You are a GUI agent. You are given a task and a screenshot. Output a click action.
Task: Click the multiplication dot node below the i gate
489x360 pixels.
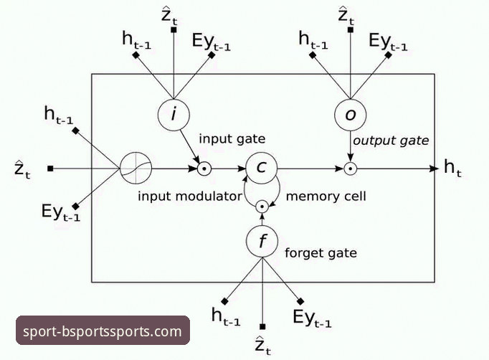204,169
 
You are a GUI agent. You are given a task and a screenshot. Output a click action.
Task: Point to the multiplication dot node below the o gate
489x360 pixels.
350,169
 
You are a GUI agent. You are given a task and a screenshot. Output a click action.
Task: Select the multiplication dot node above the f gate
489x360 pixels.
262,207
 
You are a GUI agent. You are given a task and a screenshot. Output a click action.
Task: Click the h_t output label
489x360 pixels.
452,168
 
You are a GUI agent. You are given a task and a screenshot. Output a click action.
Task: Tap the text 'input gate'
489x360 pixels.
232,139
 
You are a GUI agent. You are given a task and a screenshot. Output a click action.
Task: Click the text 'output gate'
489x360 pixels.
391,141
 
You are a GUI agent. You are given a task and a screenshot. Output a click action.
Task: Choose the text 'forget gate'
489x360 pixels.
321,252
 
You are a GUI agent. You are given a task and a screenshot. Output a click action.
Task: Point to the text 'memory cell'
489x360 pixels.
326,196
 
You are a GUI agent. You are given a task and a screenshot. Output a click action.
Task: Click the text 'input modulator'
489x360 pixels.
189,196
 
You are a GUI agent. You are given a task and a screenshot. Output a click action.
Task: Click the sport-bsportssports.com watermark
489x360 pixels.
103,331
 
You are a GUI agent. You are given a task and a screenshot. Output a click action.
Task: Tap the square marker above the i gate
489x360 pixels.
174,30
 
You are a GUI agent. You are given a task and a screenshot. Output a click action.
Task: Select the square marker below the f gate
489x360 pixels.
262,326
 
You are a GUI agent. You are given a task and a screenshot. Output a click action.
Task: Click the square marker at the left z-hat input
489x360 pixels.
50,169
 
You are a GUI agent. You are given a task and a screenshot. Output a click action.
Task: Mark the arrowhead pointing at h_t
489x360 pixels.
434,169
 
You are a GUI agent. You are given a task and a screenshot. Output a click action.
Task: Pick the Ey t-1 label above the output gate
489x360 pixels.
388,42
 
